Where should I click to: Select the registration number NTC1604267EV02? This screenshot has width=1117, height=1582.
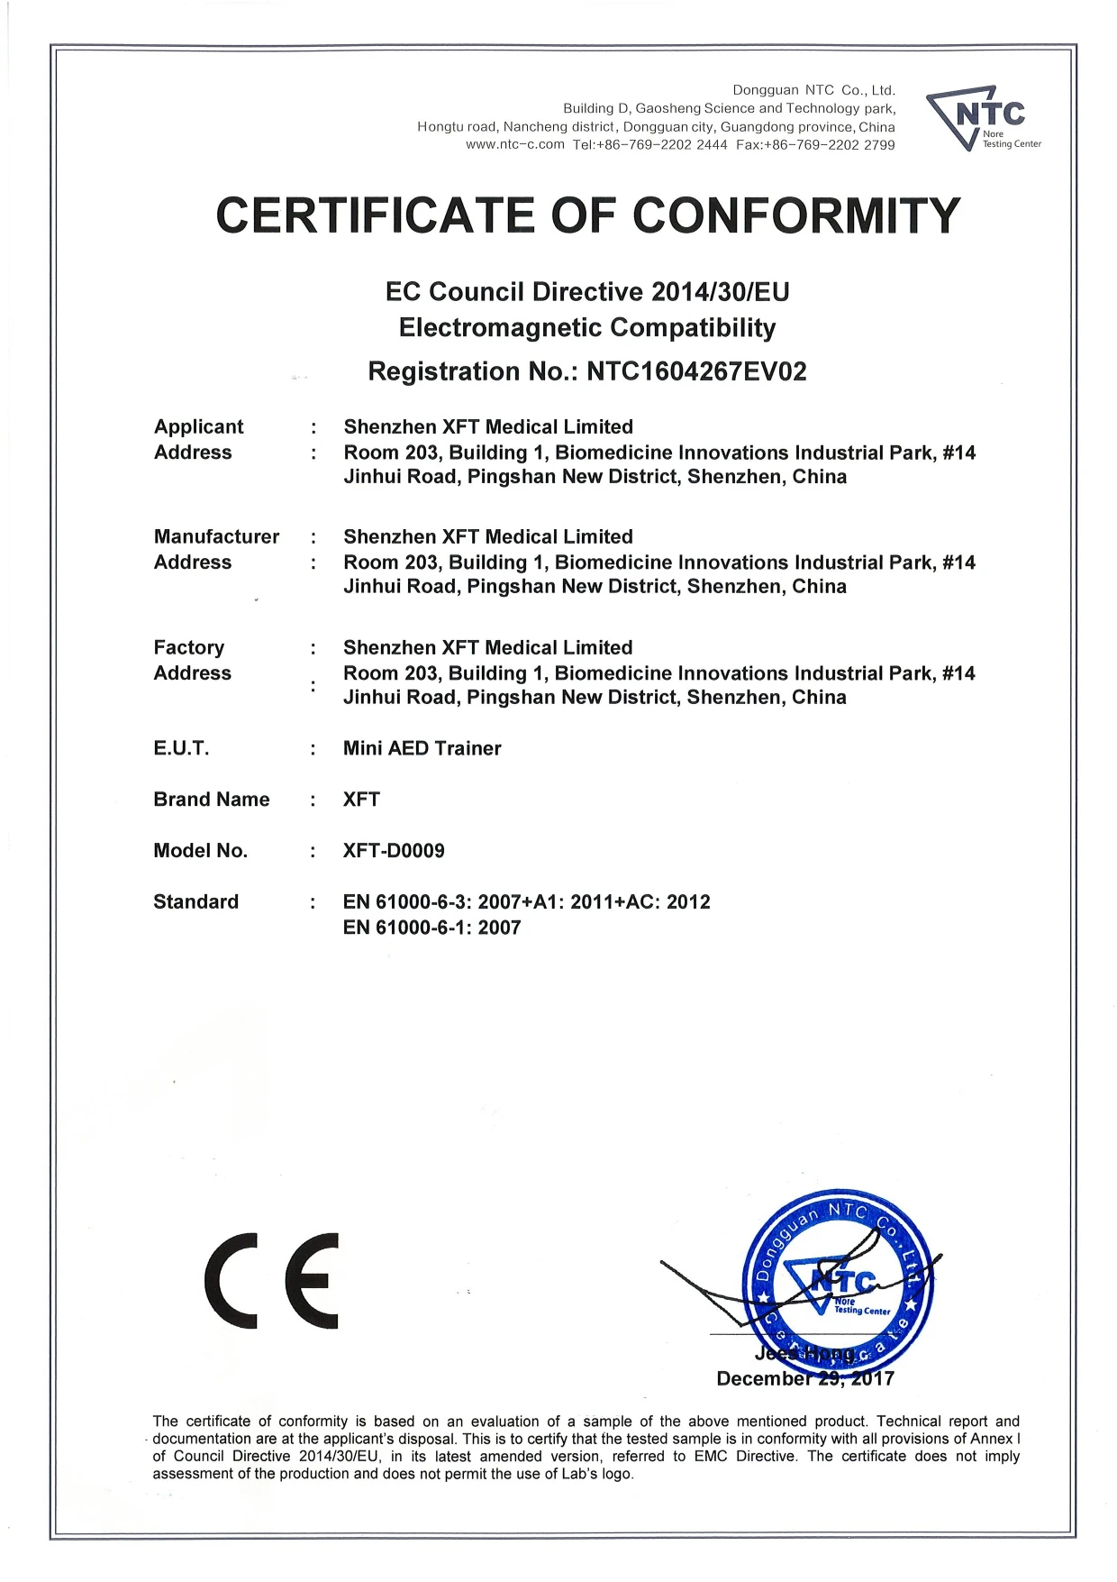pyautogui.click(x=696, y=371)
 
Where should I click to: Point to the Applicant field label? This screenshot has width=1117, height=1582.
pyautogui.click(x=198, y=426)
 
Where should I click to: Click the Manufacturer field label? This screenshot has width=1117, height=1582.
pyautogui.click(x=216, y=536)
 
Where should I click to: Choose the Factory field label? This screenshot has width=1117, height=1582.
pyautogui.click(x=188, y=647)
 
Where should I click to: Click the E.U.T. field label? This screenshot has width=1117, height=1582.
pyautogui.click(x=181, y=748)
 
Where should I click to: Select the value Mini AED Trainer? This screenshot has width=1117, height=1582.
pyautogui.click(x=422, y=748)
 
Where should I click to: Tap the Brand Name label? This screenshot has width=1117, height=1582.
pyautogui.click(x=211, y=800)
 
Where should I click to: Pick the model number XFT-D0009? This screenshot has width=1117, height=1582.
pyautogui.click(x=394, y=851)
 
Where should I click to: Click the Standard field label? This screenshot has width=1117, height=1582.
pyautogui.click(x=195, y=902)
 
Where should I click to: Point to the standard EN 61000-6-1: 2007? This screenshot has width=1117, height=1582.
pyautogui.click(x=431, y=928)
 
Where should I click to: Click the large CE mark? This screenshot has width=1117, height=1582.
pyautogui.click(x=272, y=1280)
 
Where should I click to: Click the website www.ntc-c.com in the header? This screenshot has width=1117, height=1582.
pyautogui.click(x=514, y=145)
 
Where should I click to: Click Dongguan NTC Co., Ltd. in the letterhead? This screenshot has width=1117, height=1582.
pyautogui.click(x=813, y=90)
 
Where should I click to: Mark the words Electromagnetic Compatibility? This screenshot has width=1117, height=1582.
pyautogui.click(x=586, y=328)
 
